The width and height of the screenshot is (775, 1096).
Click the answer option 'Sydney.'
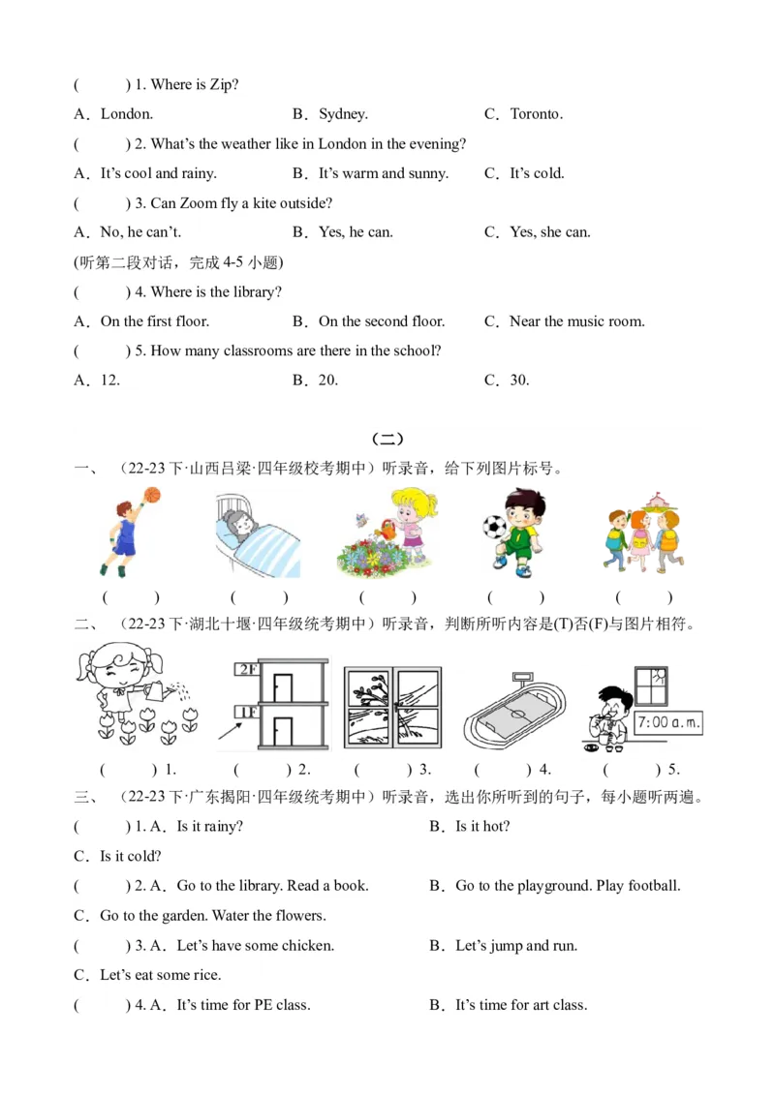pyautogui.click(x=343, y=114)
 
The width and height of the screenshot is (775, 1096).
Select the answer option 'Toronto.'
pyautogui.click(x=536, y=114)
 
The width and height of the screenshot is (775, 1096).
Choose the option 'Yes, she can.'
pyautogui.click(x=549, y=232)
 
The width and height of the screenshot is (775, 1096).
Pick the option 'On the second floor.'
pyautogui.click(x=381, y=321)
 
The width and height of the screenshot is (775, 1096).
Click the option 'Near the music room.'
pyautogui.click(x=576, y=321)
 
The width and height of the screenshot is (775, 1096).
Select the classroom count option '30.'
pyautogui.click(x=519, y=381)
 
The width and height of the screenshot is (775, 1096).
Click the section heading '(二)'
pyautogui.click(x=387, y=440)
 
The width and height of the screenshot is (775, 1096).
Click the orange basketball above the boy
pyautogui.click(x=150, y=495)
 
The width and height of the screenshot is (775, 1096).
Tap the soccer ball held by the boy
pyautogui.click(x=495, y=527)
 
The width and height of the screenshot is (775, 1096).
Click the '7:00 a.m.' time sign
pyautogui.click(x=668, y=723)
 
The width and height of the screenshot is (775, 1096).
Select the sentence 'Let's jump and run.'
pyautogui.click(x=515, y=946)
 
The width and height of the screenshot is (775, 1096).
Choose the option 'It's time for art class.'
pyautogui.click(x=520, y=1005)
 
